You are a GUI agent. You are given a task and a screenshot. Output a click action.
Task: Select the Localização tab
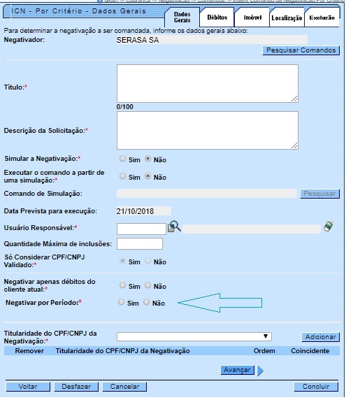pyautogui.click(x=287, y=17)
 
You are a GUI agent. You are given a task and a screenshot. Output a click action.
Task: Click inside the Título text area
pyautogui.click(x=208, y=83)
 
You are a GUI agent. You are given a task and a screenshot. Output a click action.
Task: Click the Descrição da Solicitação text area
pyautogui.click(x=208, y=130)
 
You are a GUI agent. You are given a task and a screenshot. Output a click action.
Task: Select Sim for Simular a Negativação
pyautogui.click(x=123, y=159)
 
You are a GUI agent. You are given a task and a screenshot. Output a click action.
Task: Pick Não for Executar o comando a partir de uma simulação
pyautogui.click(x=147, y=176)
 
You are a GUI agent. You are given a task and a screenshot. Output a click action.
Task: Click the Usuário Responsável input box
pyautogui.click(x=141, y=228)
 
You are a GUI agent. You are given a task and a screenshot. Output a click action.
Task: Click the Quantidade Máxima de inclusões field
pyautogui.click(x=140, y=243)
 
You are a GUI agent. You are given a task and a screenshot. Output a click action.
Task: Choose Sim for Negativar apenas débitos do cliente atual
pyautogui.click(x=123, y=285)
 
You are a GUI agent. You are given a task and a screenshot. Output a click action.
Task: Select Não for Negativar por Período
pyautogui.click(x=147, y=303)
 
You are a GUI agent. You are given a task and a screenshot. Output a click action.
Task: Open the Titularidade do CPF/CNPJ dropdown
pyautogui.click(x=194, y=336)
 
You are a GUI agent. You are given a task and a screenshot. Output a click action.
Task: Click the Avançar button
pyautogui.click(x=237, y=370)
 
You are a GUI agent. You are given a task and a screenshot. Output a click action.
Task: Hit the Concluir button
pyautogui.click(x=316, y=386)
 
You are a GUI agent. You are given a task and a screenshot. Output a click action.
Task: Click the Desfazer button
pyautogui.click(x=76, y=386)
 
